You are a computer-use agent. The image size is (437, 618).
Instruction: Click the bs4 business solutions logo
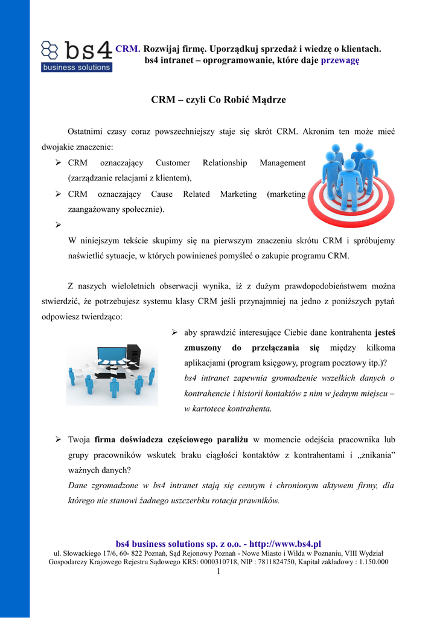77,56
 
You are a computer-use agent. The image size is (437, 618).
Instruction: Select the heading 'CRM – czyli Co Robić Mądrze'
218,100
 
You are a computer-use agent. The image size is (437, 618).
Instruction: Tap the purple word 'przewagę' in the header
340,60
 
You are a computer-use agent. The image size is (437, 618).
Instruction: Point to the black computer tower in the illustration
133,358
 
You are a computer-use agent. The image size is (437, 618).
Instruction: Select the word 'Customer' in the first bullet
173,163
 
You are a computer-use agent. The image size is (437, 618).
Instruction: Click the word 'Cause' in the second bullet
162,194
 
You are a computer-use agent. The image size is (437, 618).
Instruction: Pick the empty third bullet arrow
59,225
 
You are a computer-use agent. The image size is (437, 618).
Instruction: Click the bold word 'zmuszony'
202,348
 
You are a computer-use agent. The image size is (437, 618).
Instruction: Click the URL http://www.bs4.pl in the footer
284,544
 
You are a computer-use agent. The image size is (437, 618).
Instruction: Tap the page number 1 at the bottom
218,571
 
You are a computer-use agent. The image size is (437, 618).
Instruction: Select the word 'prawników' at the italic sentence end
261,499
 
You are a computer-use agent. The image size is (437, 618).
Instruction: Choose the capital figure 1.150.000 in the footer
370,562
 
